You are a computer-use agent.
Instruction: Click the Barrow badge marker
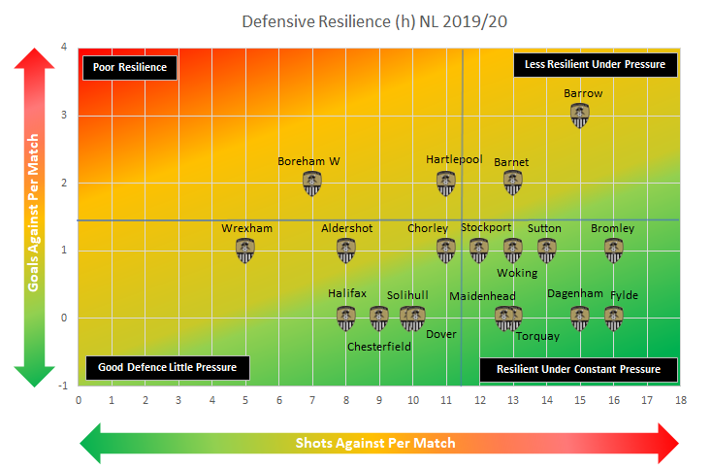pyautogui.click(x=579, y=116)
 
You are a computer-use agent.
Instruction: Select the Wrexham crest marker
pyautogui.click(x=244, y=251)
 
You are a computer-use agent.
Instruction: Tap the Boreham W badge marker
pyautogui.click(x=311, y=183)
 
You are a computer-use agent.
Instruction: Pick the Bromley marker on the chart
pyautogui.click(x=613, y=251)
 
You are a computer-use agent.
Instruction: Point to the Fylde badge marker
pyautogui.click(x=613, y=317)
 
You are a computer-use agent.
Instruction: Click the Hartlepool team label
pyautogui.click(x=454, y=159)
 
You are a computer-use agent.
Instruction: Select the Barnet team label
pyautogui.click(x=511, y=162)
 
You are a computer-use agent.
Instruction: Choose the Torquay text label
pyautogui.click(x=536, y=336)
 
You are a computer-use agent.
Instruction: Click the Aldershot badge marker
pyautogui.click(x=345, y=251)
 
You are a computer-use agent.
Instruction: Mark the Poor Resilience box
pyautogui.click(x=130, y=67)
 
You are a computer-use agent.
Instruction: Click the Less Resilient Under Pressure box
pyautogui.click(x=595, y=64)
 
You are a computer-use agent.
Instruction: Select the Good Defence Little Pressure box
pyautogui.click(x=167, y=368)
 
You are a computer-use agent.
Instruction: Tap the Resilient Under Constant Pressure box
pyautogui.click(x=578, y=369)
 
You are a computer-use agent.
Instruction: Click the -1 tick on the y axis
pyautogui.click(x=63, y=386)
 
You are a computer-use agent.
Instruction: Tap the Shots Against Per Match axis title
pyautogui.click(x=374, y=443)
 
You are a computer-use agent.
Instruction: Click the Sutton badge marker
pyautogui.click(x=546, y=251)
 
